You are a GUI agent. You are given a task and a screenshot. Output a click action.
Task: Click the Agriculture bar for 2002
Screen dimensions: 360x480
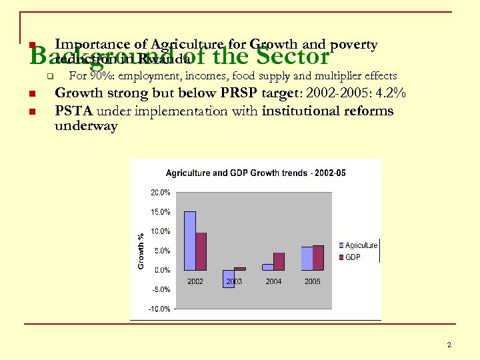click(x=189, y=241)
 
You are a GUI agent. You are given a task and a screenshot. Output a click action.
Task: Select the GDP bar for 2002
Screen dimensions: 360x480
click(x=201, y=251)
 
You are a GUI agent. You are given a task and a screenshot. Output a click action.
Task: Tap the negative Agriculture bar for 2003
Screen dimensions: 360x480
click(x=229, y=279)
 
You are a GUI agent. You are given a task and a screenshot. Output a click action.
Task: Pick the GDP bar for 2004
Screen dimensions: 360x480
click(x=279, y=261)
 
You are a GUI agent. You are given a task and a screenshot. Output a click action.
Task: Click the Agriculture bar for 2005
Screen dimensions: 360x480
click(x=307, y=258)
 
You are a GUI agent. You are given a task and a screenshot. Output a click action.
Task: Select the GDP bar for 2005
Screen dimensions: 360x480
click(x=318, y=257)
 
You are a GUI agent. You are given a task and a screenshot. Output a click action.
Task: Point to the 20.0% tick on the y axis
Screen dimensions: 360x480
click(x=160, y=193)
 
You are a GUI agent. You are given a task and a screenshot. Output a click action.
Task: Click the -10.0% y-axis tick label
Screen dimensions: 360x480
click(x=159, y=309)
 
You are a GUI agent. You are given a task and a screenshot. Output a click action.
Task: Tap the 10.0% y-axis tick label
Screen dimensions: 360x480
click(x=160, y=231)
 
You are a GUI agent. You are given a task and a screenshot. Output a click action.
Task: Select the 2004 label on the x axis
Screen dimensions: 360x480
click(x=273, y=281)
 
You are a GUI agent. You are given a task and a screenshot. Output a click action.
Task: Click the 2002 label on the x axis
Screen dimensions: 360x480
click(x=195, y=281)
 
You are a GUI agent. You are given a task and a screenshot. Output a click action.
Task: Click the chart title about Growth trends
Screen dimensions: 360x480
click(x=255, y=173)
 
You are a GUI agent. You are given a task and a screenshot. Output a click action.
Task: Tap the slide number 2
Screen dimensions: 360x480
click(x=449, y=345)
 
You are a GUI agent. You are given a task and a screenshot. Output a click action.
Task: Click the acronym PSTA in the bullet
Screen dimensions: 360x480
click(x=73, y=111)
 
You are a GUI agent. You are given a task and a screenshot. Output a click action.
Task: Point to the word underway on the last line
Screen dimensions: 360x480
click(x=86, y=126)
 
